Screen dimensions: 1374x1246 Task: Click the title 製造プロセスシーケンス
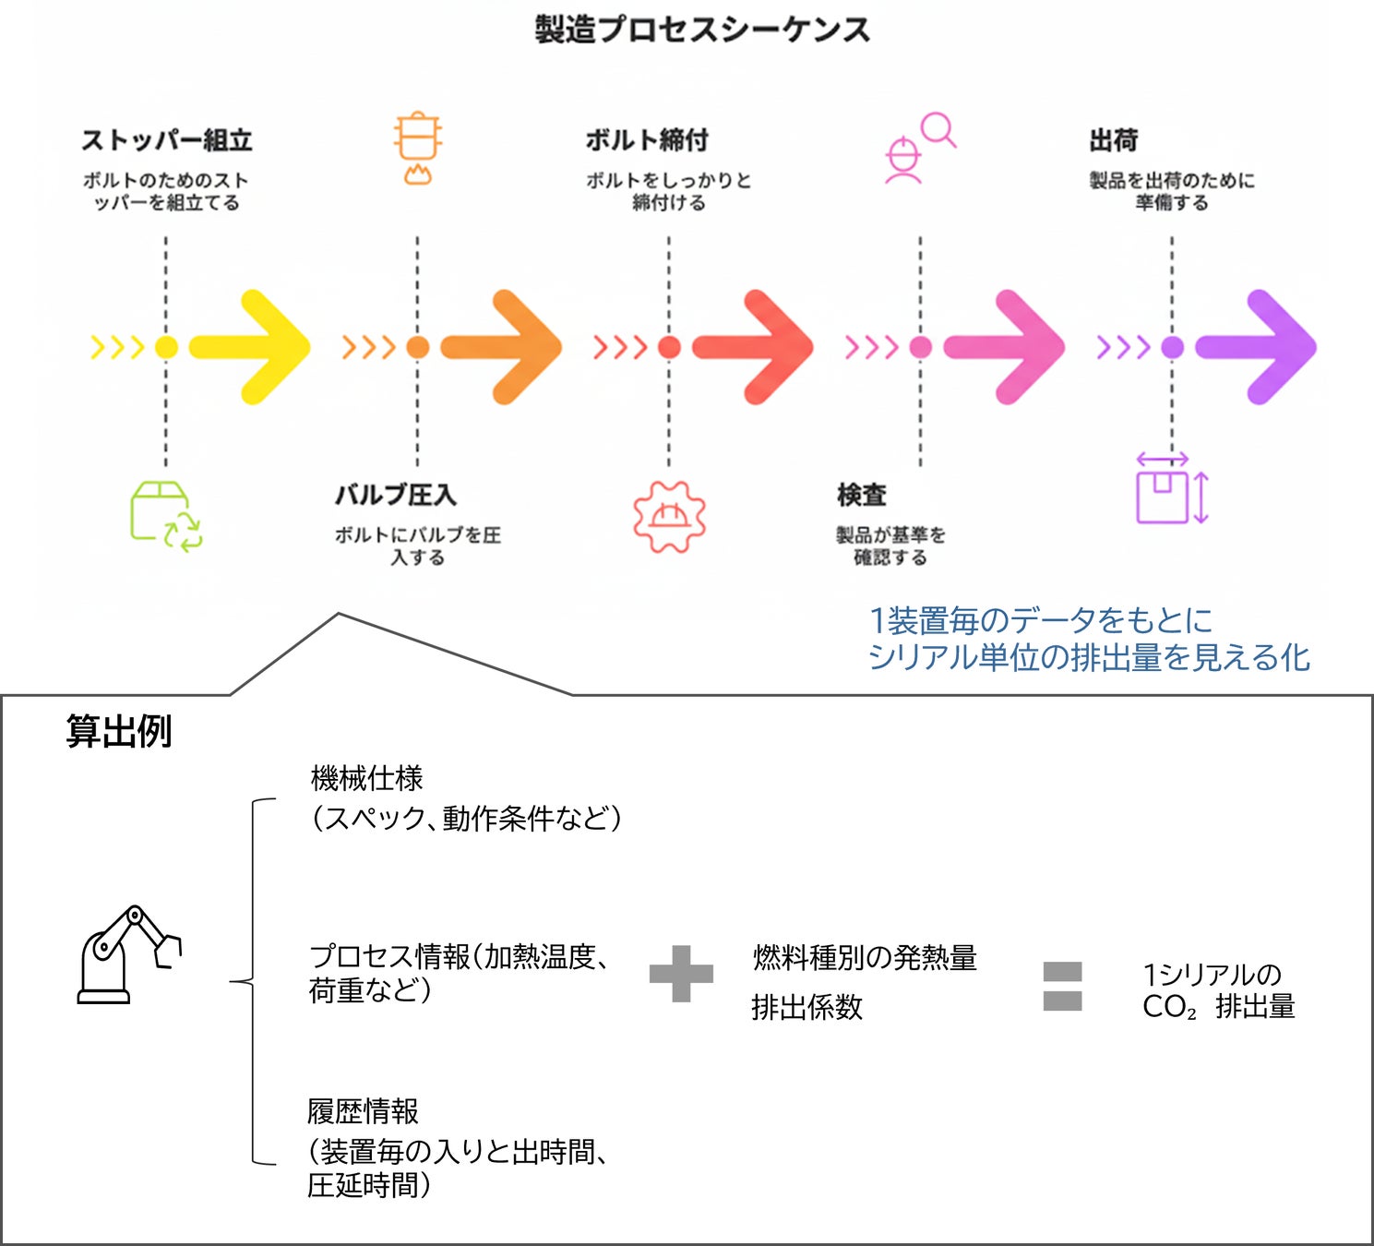tap(702, 30)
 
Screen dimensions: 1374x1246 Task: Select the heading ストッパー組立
tap(167, 140)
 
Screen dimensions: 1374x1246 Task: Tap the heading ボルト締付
tap(647, 140)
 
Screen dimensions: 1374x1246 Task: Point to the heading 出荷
tap(1114, 140)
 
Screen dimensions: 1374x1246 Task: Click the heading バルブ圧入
tap(395, 495)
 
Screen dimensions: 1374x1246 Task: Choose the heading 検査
tap(862, 495)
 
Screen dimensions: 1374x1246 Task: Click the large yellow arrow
tap(250, 347)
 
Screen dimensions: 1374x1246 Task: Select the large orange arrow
tap(501, 347)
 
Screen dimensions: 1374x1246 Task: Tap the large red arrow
tap(753, 347)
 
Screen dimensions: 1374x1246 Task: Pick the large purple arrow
tap(1256, 347)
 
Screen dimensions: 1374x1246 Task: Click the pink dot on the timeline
tap(921, 347)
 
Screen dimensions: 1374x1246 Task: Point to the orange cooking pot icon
tap(418, 148)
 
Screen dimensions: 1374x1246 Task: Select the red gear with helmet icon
tap(669, 517)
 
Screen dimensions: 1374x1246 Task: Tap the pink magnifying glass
tap(939, 129)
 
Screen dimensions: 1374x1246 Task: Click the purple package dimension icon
tap(1171, 488)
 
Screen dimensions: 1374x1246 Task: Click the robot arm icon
tap(129, 954)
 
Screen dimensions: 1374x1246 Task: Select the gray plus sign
tap(682, 974)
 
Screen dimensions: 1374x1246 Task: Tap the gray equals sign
tap(1062, 987)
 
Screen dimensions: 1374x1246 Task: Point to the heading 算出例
tap(118, 731)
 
